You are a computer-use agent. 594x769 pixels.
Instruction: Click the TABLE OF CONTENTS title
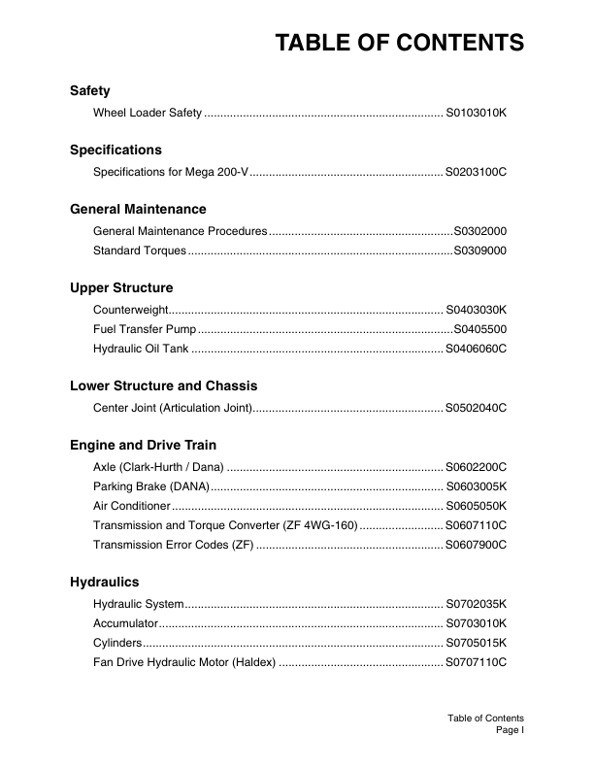point(400,43)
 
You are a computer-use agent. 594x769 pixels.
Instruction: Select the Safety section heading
point(90,90)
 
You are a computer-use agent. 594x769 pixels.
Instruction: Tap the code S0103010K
point(477,115)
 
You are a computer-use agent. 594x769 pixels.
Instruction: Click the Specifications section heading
point(115,150)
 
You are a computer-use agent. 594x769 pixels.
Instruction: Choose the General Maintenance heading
point(138,209)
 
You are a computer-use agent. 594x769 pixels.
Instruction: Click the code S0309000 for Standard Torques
point(480,251)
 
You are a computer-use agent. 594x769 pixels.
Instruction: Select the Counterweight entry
point(130,310)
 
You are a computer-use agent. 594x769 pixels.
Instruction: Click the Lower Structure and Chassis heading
point(164,385)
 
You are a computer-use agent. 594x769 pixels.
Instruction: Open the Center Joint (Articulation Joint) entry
point(173,409)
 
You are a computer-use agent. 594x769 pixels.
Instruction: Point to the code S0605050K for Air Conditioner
point(477,507)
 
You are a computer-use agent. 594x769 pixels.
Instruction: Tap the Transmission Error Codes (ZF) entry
point(173,546)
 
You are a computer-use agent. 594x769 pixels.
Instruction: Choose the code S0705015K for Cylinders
point(477,644)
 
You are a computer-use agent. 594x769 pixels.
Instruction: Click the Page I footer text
point(510,730)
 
